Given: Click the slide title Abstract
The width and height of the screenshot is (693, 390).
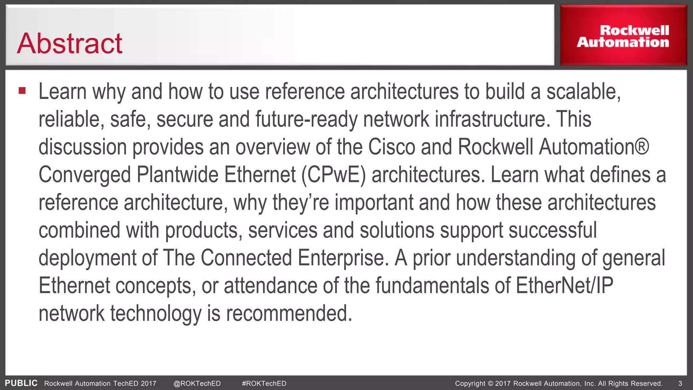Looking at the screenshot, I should (70, 44).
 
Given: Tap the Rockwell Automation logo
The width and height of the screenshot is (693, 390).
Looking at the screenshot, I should (623, 36).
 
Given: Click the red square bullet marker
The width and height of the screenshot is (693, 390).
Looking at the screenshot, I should (22, 90).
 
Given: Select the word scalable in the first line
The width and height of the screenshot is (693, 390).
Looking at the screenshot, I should (583, 92).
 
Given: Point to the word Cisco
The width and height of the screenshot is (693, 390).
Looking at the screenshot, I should (392, 147).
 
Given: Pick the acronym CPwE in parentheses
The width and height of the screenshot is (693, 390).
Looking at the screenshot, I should (334, 175).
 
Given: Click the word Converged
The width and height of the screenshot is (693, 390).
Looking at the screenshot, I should (85, 175).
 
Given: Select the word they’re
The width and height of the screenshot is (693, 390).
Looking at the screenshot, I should (300, 203).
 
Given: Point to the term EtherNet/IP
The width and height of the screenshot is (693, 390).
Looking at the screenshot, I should (564, 286).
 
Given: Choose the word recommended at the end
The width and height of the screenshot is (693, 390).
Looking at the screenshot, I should (289, 313).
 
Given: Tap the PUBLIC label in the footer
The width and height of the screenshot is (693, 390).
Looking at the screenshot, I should (21, 383).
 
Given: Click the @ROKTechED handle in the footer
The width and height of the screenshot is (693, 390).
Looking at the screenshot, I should (197, 384).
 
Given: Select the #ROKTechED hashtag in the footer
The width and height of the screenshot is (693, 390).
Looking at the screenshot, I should (264, 384).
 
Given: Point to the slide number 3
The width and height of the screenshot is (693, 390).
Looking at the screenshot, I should (680, 384).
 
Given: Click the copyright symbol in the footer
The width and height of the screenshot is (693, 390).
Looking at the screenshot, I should (490, 384).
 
